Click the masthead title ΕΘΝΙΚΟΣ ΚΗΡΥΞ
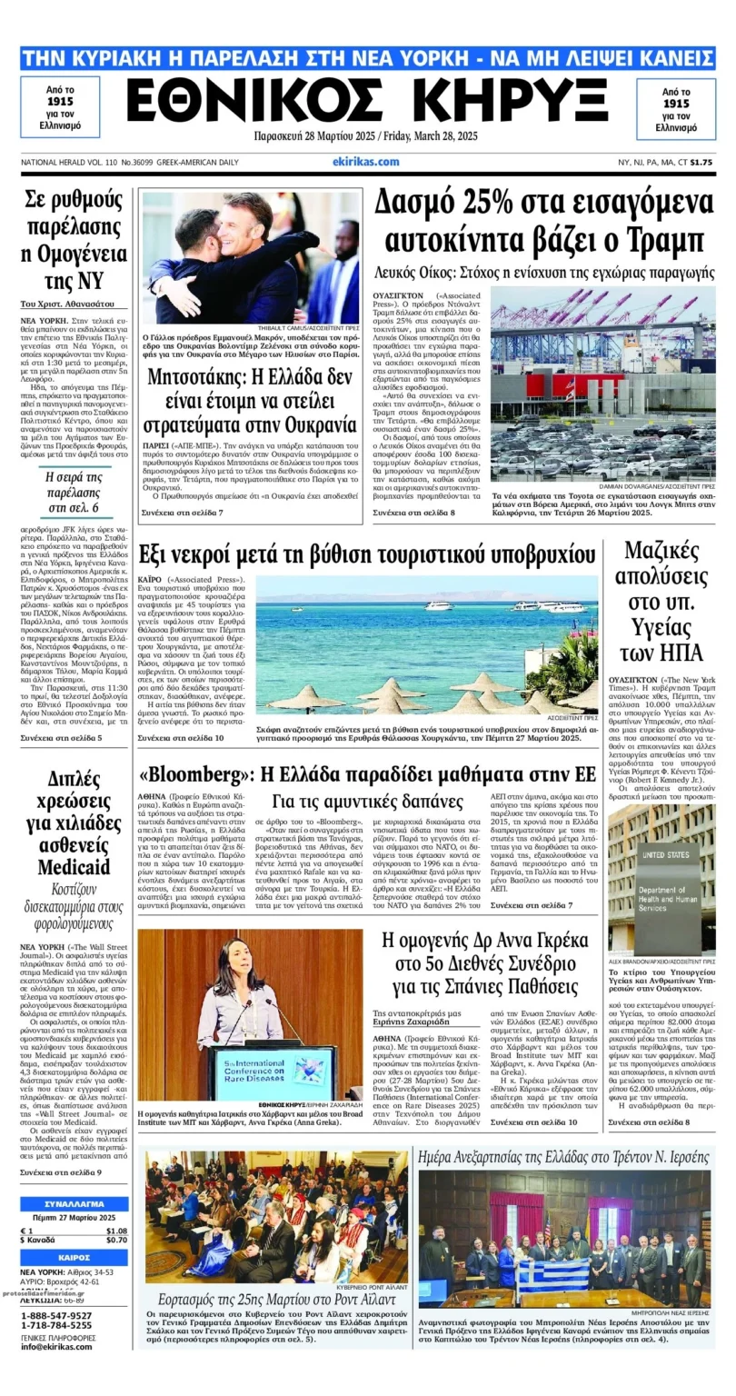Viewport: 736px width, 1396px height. coord(366,100)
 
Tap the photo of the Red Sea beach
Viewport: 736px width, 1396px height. coord(426,643)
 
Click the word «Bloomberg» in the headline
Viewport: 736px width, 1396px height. coord(193,773)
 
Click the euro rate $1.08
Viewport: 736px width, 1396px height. coord(115,1231)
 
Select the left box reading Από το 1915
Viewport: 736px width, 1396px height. coord(60,106)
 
